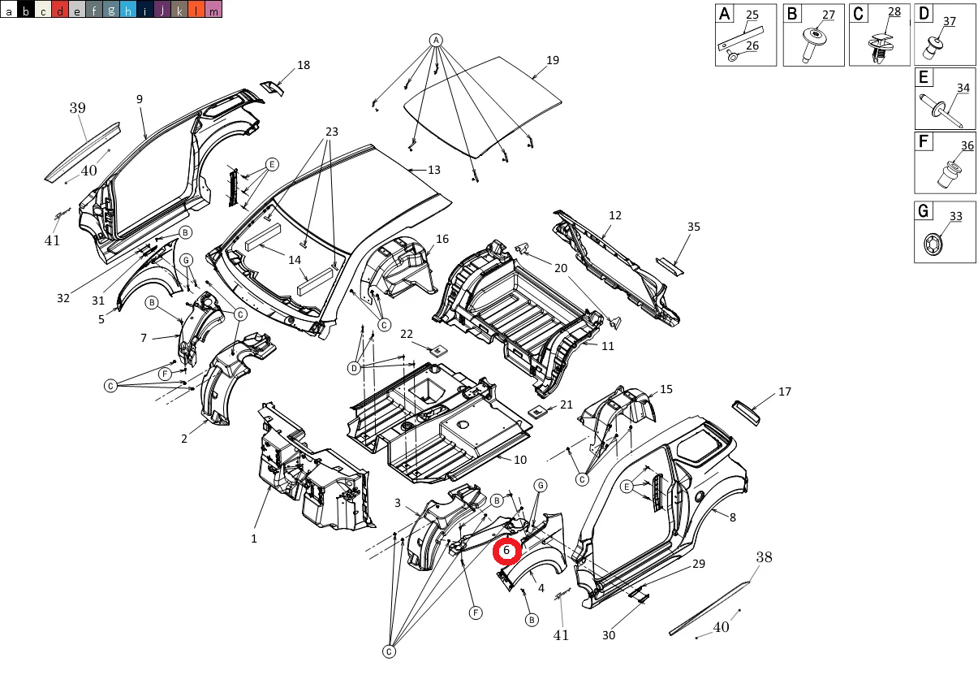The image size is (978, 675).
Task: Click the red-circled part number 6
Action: point(506,551)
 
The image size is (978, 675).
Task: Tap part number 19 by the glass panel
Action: point(553,60)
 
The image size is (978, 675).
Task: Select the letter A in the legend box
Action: point(724,14)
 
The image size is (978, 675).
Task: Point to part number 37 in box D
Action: point(949,22)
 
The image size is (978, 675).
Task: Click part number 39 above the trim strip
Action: point(77,108)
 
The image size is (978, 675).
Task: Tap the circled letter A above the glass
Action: point(436,40)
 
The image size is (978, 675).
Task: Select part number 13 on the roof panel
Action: point(434,170)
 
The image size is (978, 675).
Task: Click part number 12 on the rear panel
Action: point(615,215)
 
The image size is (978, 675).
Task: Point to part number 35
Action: point(693,227)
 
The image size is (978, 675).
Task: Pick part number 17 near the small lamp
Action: point(784,392)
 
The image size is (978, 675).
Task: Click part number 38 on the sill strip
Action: point(765,557)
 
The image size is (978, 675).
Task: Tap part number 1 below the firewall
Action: point(254,538)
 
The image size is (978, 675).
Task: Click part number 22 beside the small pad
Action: point(407,334)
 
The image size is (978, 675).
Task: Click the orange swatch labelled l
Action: point(196,10)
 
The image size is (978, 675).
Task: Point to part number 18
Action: point(304,65)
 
